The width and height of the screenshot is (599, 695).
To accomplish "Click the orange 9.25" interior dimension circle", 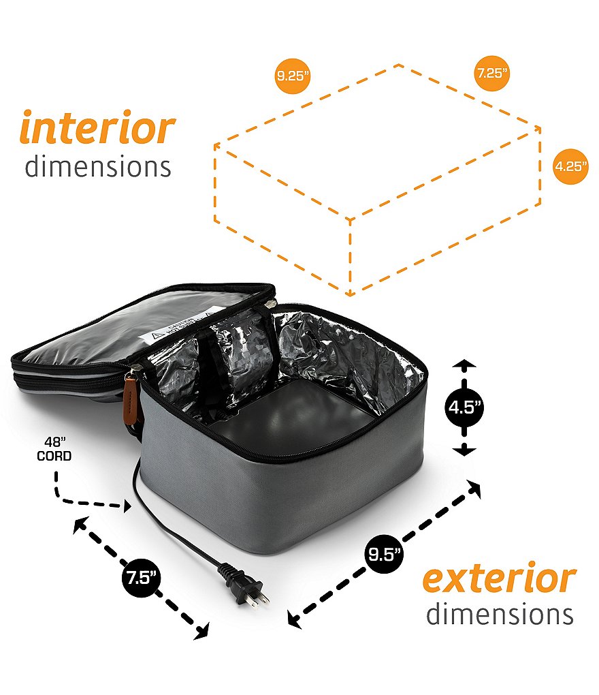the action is [x=292, y=76].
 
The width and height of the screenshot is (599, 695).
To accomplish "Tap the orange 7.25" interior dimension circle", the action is [x=491, y=73].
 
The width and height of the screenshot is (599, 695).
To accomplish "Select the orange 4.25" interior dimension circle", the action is [x=570, y=166].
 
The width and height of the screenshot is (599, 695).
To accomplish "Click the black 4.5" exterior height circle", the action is [x=464, y=407].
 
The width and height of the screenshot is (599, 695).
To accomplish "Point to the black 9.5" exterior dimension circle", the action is [x=385, y=554].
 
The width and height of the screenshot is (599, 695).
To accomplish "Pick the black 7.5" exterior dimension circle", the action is [x=141, y=578].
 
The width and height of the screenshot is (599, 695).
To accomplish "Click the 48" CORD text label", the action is [x=54, y=449].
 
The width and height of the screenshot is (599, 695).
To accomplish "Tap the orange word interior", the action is [x=97, y=127].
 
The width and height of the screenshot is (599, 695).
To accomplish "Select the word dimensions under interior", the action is [x=98, y=167].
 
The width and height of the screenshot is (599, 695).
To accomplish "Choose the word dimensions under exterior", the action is [x=500, y=614].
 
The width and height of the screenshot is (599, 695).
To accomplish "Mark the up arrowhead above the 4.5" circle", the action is [x=464, y=365].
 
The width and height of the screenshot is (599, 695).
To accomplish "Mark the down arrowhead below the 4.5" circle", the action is [x=464, y=451].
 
